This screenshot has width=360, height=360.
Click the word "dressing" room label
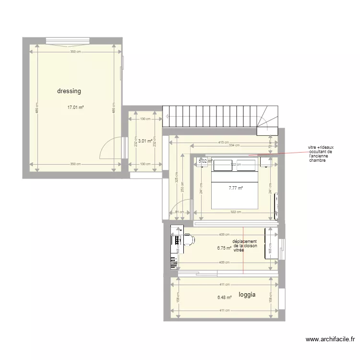(69, 91)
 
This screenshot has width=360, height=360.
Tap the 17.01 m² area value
(76, 108)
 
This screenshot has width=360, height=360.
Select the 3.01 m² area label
(145, 141)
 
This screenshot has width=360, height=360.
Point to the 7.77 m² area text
(236, 188)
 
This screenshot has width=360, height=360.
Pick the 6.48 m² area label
(224, 298)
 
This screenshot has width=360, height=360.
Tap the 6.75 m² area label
(224, 248)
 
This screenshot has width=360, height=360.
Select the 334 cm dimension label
(235, 146)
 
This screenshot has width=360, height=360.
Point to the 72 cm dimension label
(270, 143)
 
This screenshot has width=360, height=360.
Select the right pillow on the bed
(246, 165)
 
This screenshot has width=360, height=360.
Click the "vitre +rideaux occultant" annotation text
(321, 154)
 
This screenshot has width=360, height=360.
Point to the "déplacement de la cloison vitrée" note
(244, 246)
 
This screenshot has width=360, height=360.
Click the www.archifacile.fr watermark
(329, 340)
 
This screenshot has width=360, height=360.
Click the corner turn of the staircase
(267, 120)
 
